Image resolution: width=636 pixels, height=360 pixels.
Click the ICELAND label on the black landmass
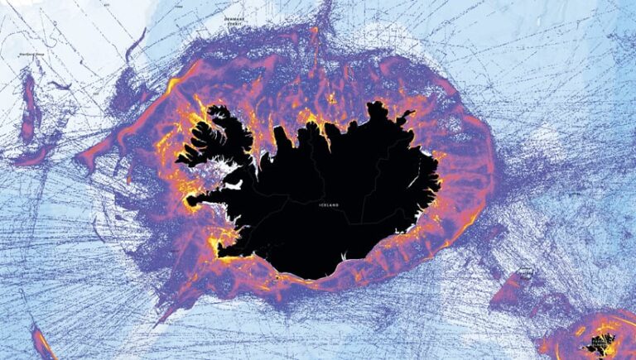click(328, 205)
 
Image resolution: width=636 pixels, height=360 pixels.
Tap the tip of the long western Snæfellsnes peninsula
click(192, 200)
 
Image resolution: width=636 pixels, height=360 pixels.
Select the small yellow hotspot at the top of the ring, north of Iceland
click(314, 31)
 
